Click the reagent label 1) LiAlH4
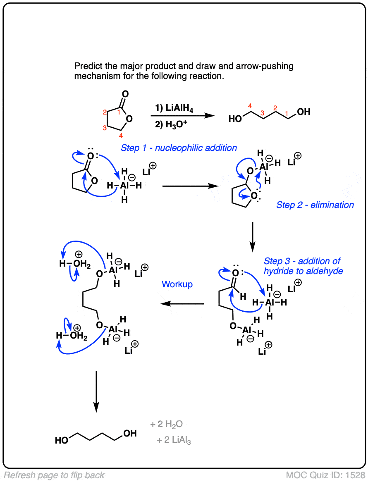tap(171, 108)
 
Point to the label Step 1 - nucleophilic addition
tap(179, 148)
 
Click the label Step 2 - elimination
tap(315, 205)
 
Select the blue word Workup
tap(177, 284)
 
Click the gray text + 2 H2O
tap(166, 424)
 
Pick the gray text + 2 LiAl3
tap(174, 441)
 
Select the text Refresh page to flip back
tap(54, 475)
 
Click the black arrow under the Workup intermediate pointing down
tap(96, 391)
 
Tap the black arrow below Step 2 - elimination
tap(253, 237)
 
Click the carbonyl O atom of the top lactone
tap(125, 94)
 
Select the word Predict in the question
tap(86, 66)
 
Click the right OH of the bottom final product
tap(130, 434)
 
